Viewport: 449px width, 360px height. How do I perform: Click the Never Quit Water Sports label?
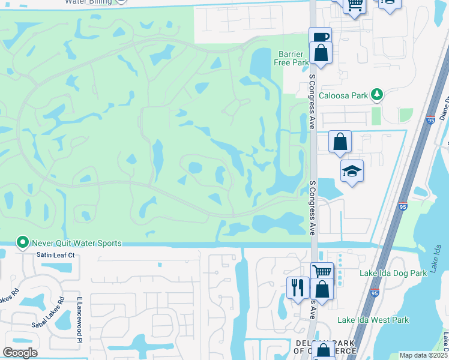pyautogui.click(x=77, y=243)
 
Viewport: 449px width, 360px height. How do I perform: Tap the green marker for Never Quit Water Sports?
pyautogui.click(x=23, y=242)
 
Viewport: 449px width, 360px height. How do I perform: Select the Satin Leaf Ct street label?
pyautogui.click(x=54, y=255)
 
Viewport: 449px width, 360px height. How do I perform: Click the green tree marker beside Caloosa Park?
pyautogui.click(x=376, y=94)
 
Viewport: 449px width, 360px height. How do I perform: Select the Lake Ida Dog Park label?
pyautogui.click(x=393, y=273)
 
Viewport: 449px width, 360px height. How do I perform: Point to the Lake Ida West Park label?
pyautogui.click(x=373, y=320)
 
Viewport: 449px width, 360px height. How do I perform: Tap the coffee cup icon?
pyautogui.click(x=321, y=38)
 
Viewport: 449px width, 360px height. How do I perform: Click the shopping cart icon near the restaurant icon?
pyautogui.click(x=322, y=271)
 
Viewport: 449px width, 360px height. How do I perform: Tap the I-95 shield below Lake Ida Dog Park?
pyautogui.click(x=375, y=293)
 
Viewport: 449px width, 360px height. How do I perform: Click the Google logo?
pyautogui.click(x=20, y=353)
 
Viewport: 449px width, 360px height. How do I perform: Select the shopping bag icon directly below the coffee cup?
pyautogui.click(x=321, y=53)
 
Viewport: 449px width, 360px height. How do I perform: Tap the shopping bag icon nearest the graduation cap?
pyautogui.click(x=340, y=142)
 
